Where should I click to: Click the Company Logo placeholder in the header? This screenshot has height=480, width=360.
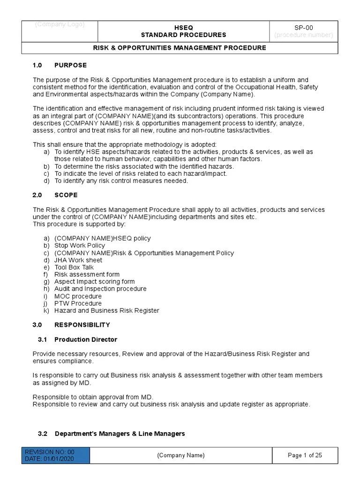tap(60, 25)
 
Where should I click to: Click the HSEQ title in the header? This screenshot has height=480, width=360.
tap(184, 28)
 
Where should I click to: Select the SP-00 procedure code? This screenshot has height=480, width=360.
tap(304, 28)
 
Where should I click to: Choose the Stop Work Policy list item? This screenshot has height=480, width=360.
tap(80, 245)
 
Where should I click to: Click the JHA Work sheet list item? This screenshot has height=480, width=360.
tap(78, 260)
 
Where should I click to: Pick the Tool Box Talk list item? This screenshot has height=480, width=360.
tap(74, 267)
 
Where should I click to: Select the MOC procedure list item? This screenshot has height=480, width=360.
tap(78, 296)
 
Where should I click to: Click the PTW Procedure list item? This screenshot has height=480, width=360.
tap(78, 303)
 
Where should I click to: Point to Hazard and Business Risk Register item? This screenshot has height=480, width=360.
tap(106, 310)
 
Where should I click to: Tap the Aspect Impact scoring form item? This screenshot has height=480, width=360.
tap(94, 282)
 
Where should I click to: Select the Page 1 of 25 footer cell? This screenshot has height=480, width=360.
tap(305, 455)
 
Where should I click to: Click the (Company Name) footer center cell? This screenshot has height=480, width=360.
tap(180, 455)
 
